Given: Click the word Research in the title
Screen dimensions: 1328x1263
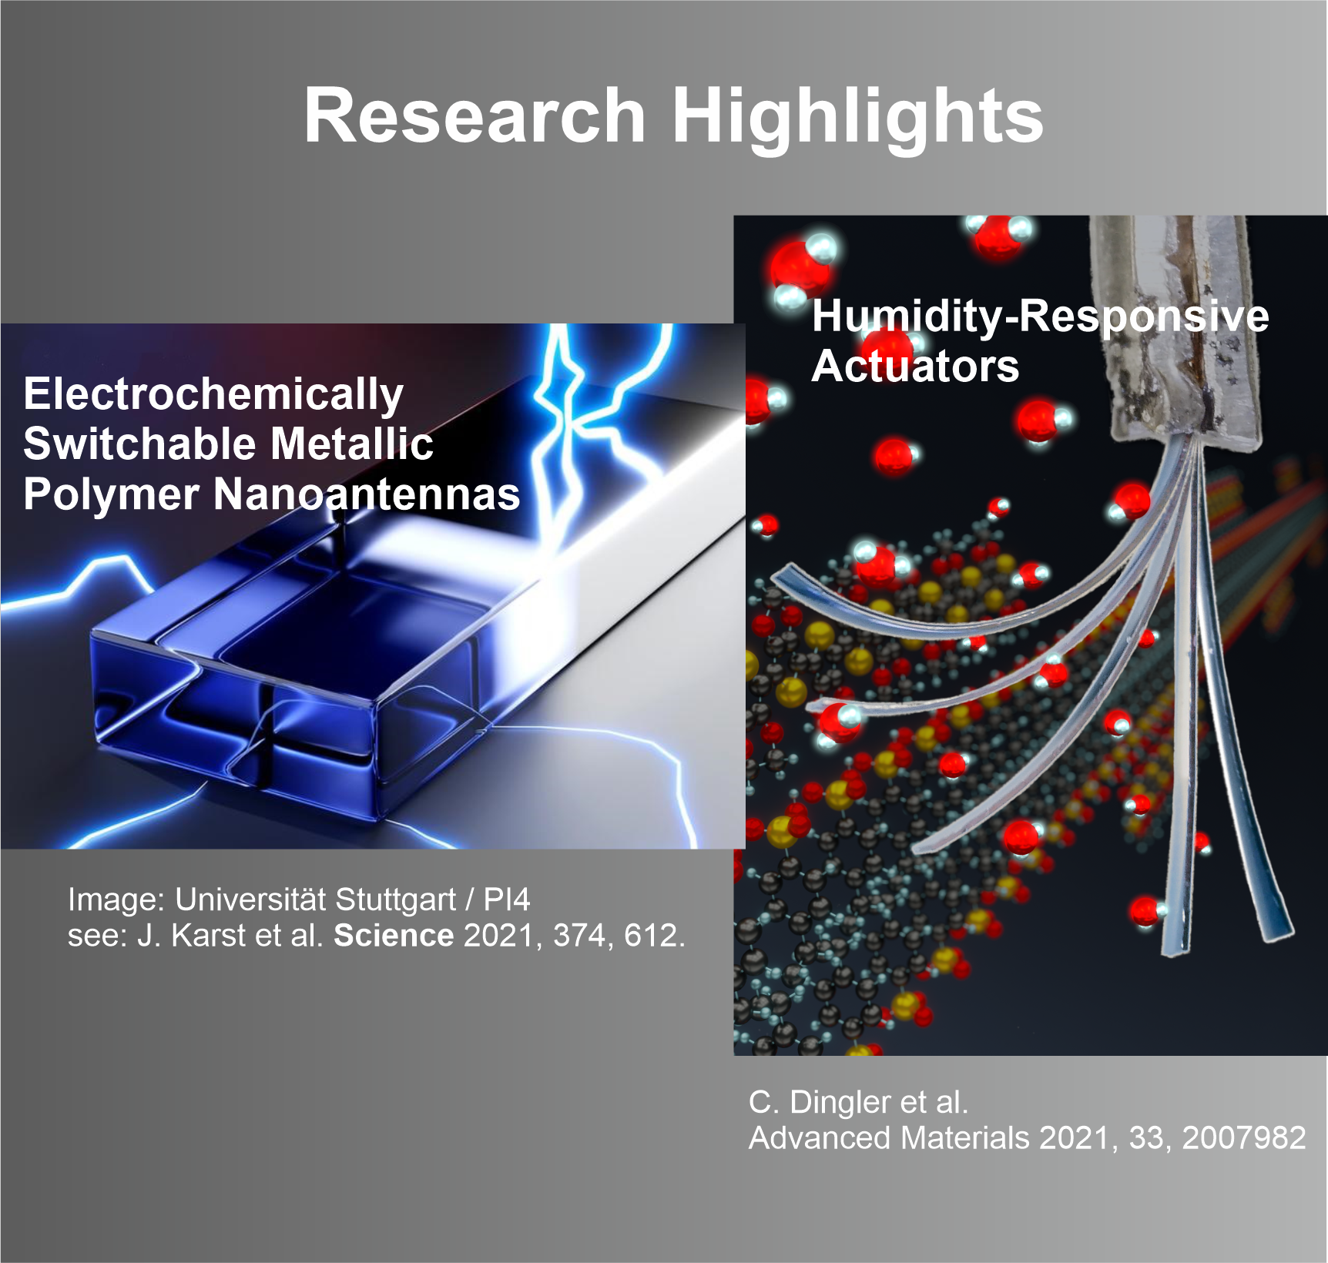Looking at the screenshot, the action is pyautogui.click(x=475, y=116).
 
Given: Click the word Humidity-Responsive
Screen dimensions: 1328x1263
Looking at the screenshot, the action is pyautogui.click(x=1040, y=317).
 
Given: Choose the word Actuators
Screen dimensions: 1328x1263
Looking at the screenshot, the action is pyautogui.click(x=915, y=366).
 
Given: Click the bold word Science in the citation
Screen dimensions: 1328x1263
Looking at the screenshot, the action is pyautogui.click(x=394, y=935).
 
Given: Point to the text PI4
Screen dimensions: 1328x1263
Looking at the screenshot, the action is pyautogui.click(x=507, y=900).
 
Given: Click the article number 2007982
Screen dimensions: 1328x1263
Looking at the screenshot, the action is pyautogui.click(x=1244, y=1137).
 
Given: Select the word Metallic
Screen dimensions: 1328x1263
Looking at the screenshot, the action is pyautogui.click(x=352, y=444).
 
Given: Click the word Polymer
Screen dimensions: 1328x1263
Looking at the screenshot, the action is pyautogui.click(x=111, y=495).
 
